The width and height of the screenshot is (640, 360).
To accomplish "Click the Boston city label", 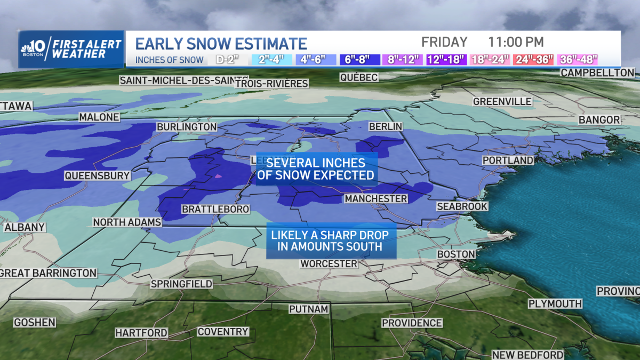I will coord(456,254).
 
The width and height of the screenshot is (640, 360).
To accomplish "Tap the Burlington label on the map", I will coord(187,127).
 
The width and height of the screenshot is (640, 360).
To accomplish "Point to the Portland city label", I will coord(508,160).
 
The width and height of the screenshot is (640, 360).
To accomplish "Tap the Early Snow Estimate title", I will coord(221,43).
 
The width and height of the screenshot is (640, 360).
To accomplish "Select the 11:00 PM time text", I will coord(516,42).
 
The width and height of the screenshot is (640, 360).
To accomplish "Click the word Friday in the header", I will coord(444,42).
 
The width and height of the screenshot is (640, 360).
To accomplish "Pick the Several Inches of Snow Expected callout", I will coord(316,169).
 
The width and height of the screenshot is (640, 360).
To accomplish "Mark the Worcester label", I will coord(329,263).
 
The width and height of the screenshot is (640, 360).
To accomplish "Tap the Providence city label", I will coord(412,323).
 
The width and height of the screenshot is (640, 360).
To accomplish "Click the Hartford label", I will coord(141,333).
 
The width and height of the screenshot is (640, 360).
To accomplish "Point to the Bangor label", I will coord(599,120).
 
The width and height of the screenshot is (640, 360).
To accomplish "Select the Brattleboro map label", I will coord(215,209).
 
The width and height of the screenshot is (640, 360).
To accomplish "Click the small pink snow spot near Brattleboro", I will coord(217,175).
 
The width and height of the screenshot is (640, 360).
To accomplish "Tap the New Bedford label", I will coord(527,355).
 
